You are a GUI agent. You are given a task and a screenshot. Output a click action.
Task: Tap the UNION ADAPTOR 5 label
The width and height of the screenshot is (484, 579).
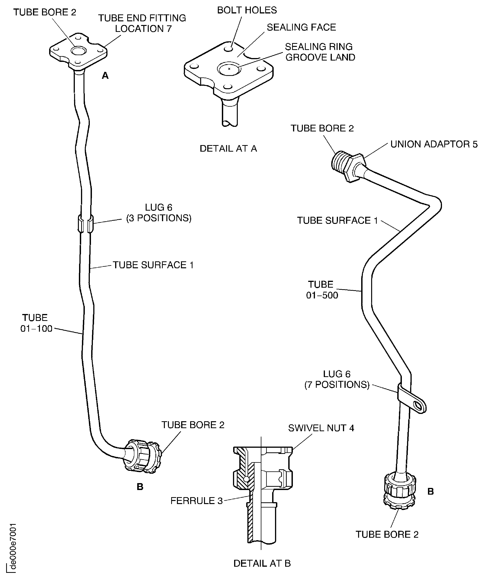pyautogui.click(x=434, y=144)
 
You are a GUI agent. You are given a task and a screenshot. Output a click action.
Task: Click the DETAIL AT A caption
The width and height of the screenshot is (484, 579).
pyautogui.click(x=228, y=149)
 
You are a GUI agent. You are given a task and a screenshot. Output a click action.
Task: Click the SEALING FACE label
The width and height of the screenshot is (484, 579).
pyautogui.click(x=301, y=27)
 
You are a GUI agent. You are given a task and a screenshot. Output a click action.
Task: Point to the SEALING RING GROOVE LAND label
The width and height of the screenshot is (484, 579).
pyautogui.click(x=320, y=52)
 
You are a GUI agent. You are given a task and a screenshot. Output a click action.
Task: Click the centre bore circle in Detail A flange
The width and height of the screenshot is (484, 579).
pyautogui.click(x=229, y=69)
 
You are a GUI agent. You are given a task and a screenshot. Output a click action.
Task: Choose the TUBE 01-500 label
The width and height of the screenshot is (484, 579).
pyautogui.click(x=322, y=290)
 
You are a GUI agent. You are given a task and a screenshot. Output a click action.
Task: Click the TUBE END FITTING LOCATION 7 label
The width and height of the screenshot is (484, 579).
pyautogui.click(x=142, y=23)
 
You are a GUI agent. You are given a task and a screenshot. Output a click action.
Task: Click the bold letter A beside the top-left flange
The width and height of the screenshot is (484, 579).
pyautogui.click(x=105, y=76)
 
